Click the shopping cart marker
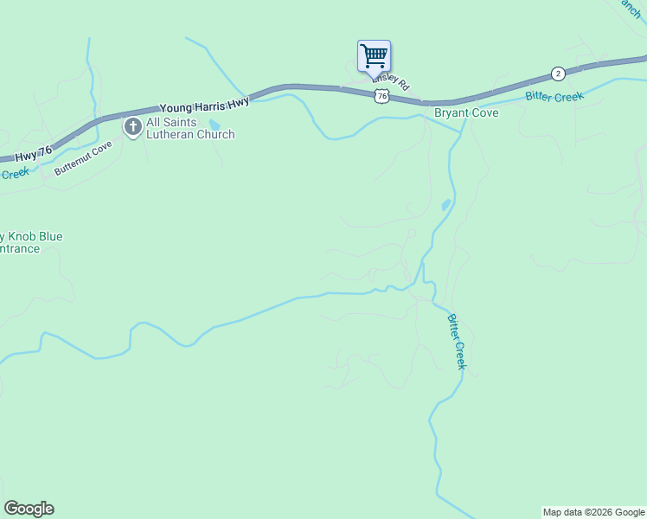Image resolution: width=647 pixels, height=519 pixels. [374, 57]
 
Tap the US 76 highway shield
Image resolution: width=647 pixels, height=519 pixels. [381, 96]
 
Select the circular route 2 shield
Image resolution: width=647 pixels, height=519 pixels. [559, 74]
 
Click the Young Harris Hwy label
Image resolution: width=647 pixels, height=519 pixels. [204, 105]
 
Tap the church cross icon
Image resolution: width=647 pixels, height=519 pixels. [133, 128]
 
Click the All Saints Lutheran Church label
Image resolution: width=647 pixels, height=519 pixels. [190, 129]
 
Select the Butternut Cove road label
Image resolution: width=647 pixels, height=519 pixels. [84, 159]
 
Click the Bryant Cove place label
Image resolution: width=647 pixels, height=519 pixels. [466, 112]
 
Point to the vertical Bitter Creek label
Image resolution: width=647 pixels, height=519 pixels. [456, 342]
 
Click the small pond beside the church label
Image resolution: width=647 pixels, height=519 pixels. [215, 124]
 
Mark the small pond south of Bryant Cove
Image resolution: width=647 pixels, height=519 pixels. [445, 205]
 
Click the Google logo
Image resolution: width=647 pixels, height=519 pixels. [29, 509]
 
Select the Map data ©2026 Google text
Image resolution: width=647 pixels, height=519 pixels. [593, 512]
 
